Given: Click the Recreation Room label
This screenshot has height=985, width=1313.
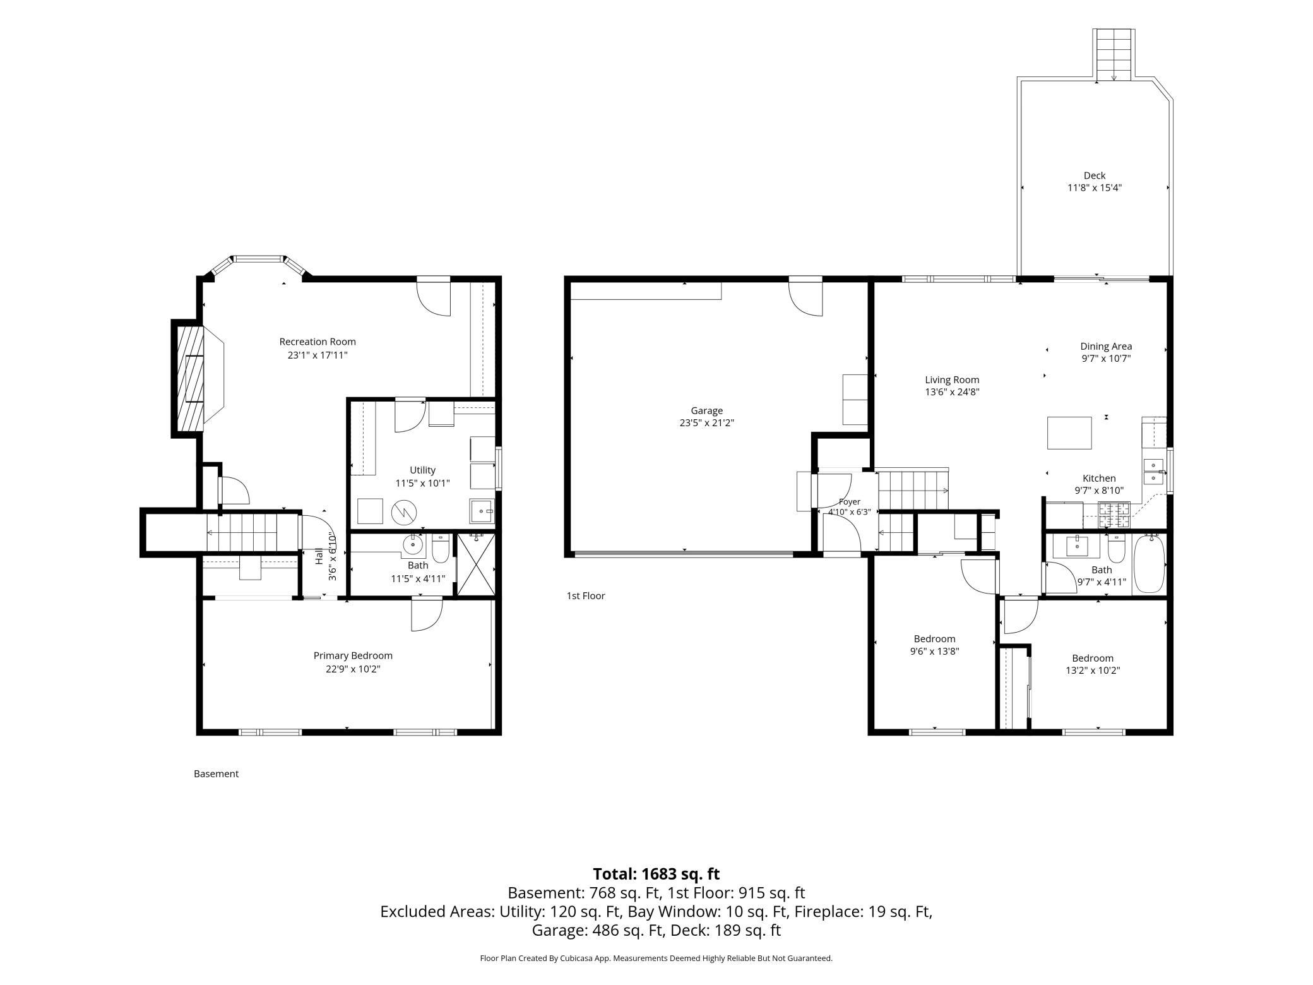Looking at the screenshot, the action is pos(318,342).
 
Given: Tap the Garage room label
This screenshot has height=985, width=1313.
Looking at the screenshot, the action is pos(706,410).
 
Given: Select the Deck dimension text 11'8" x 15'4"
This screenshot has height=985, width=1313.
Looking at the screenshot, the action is pos(1095,188).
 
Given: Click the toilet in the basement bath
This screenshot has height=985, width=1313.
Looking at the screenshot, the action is pos(441,548).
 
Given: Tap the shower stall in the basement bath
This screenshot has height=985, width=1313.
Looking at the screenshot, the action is pos(476,564).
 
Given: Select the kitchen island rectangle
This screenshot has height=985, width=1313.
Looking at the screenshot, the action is pos(1069,433).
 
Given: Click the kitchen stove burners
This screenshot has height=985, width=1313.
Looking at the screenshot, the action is pos(1114,514).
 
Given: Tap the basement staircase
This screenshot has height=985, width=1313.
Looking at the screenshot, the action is pos(242,532).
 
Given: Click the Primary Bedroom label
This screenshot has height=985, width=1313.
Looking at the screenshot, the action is pos(353,656).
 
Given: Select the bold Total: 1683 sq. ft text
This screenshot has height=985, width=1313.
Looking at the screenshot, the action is pos(656,874).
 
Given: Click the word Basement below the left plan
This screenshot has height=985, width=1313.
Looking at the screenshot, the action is pos(216,773).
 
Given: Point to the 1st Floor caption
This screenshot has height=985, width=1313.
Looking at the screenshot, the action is pos(586,595).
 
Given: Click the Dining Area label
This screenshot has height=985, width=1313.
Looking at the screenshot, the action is pos(1106,346).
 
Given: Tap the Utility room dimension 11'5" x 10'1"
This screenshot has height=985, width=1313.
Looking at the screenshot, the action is pos(422,483).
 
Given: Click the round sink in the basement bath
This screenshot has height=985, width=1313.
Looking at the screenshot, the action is pos(414,543).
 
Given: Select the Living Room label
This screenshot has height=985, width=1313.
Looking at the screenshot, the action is pos(952,379).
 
